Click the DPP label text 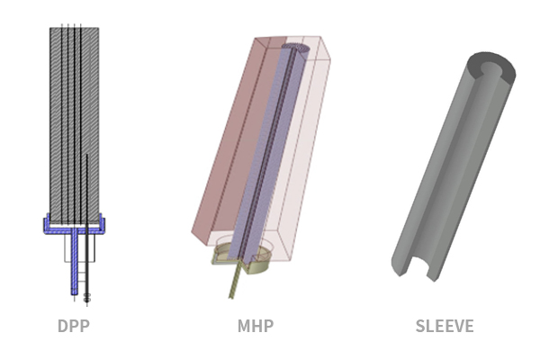point(74,326)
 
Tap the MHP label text point(256,326)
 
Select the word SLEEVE point(445,326)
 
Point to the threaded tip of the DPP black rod point(86,297)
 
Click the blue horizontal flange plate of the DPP point(74,229)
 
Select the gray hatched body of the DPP point(75,121)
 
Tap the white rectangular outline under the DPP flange point(80,248)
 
